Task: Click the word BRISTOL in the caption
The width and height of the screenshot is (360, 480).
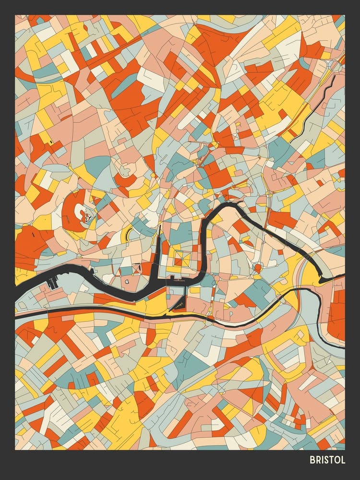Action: pyautogui.click(x=327, y=460)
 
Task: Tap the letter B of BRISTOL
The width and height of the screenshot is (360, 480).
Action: pyautogui.click(x=312, y=460)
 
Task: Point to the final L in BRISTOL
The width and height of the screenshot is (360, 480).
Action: pyautogui.click(x=343, y=460)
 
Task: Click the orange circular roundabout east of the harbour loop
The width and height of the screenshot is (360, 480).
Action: pyautogui.click(x=257, y=267)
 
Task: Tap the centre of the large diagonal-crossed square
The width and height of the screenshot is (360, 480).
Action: pyautogui.click(x=181, y=259)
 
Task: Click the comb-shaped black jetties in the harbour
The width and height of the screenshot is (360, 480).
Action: pyautogui.click(x=52, y=283)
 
